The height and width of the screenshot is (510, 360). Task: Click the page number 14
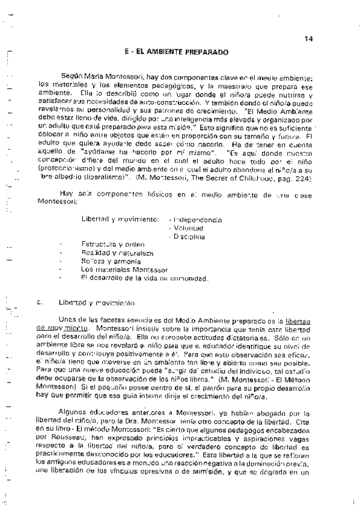pyautogui.click(x=308, y=39)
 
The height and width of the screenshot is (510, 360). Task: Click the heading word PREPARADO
pyautogui.click(x=207, y=53)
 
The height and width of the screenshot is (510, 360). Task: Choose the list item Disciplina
pyautogui.click(x=189, y=237)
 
